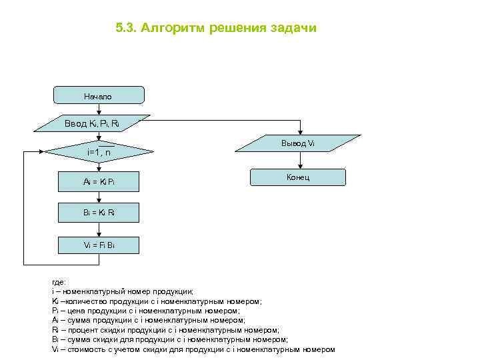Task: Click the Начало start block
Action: click(98, 95)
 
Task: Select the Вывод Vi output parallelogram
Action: click(298, 144)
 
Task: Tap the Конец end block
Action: click(298, 177)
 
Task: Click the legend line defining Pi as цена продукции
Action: click(145, 311)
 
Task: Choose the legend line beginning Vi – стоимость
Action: click(193, 349)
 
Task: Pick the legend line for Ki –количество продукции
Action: click(157, 301)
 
